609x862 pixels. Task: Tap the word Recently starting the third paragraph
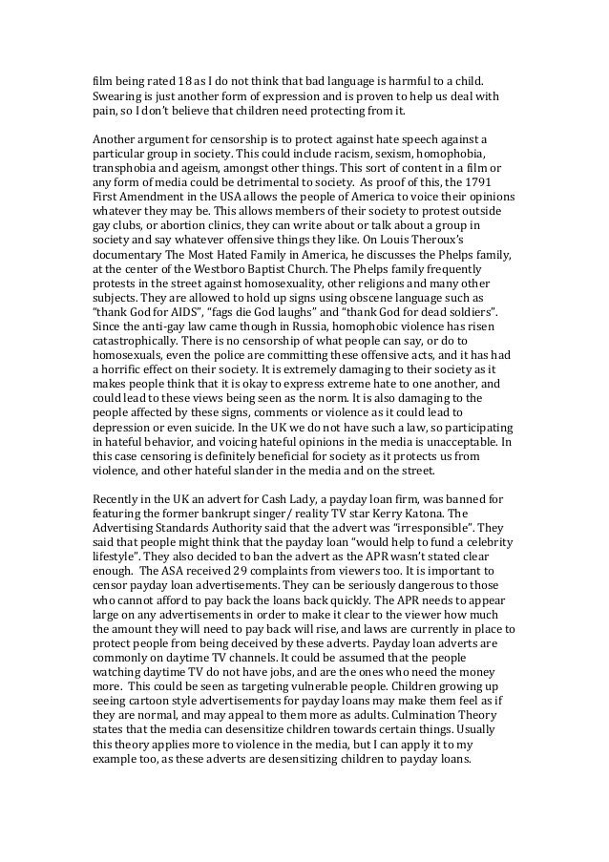tap(119, 497)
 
